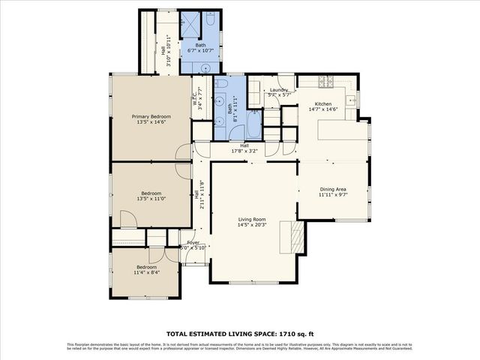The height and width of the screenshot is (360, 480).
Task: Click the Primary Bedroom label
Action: click(151, 116)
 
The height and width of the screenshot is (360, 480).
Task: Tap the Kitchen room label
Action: click(323, 103)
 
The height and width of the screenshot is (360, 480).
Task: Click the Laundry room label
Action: click(279, 90)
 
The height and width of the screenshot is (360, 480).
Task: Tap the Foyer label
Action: click(193, 243)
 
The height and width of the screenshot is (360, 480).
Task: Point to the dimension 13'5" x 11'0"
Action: click(151, 199)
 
